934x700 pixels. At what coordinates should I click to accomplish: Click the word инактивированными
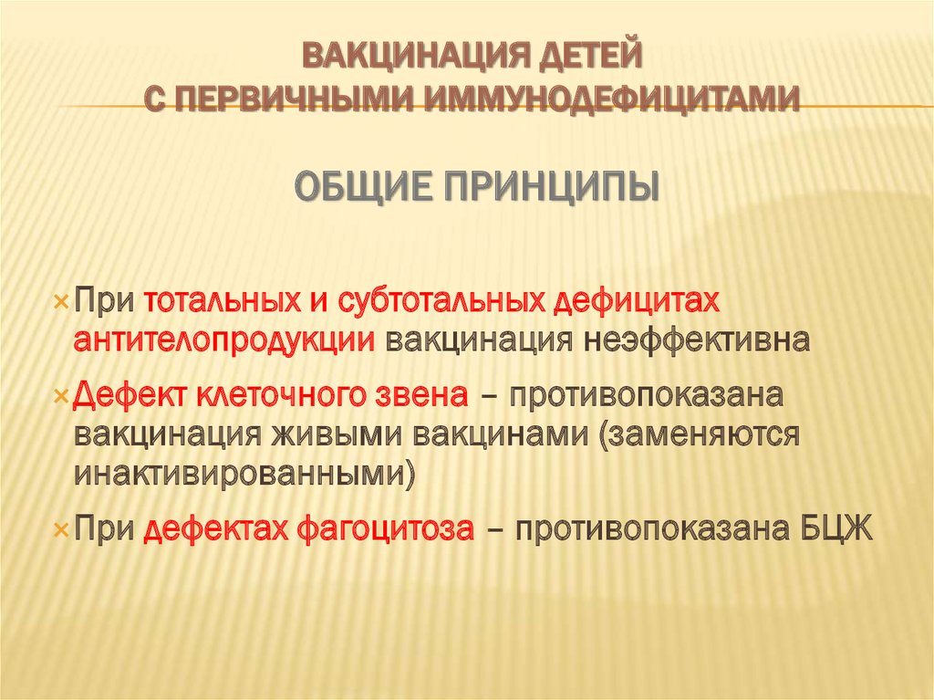pos(243,474)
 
